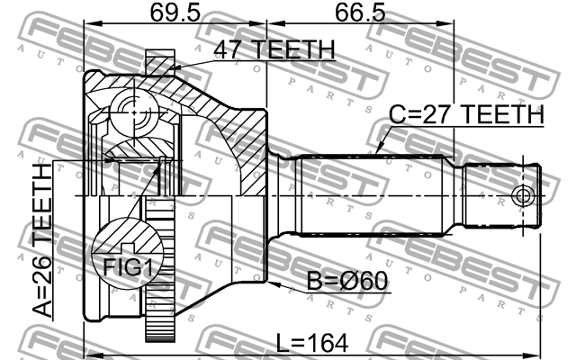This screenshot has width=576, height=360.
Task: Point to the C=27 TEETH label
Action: pyautogui.click(x=466, y=115)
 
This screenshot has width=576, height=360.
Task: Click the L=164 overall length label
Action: pyautogui.click(x=313, y=343)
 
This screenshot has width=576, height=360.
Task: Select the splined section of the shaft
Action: pyautogui.click(x=378, y=194)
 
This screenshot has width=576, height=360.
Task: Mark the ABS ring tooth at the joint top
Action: pyautogui.click(x=159, y=64)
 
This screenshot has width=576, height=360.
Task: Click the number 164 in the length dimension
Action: pyautogui.click(x=328, y=343)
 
